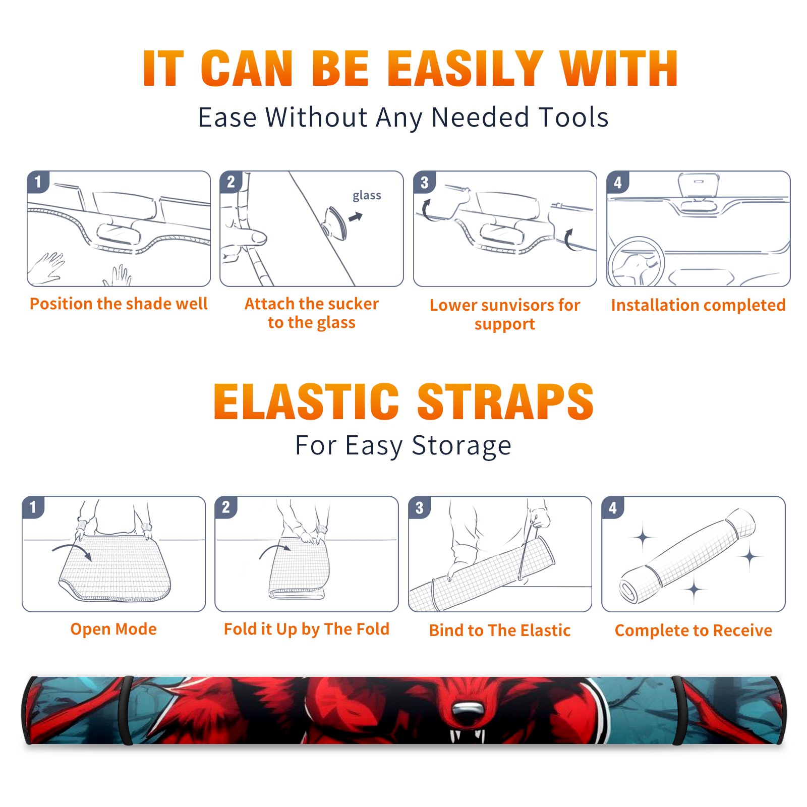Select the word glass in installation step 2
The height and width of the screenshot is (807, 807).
point(367,196)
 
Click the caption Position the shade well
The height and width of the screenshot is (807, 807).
point(119,304)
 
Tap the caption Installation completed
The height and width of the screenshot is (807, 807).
point(698,305)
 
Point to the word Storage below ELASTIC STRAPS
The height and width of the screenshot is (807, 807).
point(462,446)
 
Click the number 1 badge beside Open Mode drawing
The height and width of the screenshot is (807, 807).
point(33,507)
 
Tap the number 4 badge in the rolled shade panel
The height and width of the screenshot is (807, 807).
point(613,507)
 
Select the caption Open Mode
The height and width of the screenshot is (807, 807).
point(113,629)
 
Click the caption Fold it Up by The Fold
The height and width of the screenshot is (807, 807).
point(307,629)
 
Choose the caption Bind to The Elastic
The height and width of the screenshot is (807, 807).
point(500,630)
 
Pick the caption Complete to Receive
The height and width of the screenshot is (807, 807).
point(694,630)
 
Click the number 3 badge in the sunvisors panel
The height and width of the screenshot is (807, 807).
point(425,182)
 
